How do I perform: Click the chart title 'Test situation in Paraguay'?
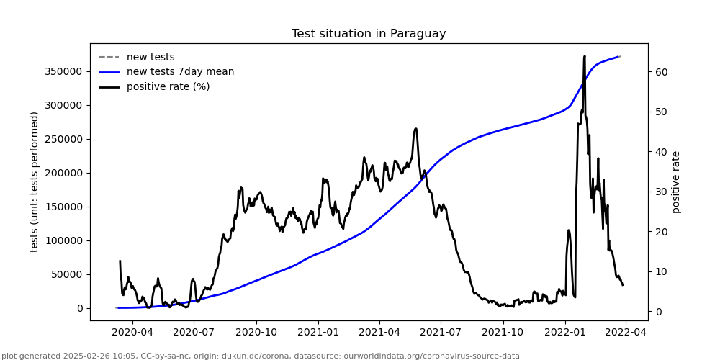click(x=369, y=34)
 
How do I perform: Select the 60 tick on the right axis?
click(x=660, y=72)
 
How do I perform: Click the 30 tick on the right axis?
click(x=660, y=192)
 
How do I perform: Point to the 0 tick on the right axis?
click(x=658, y=312)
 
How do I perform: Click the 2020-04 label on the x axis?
click(x=133, y=332)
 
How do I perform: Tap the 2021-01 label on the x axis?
click(x=318, y=332)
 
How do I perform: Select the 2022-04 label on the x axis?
click(x=625, y=332)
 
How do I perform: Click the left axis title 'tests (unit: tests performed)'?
click(x=35, y=181)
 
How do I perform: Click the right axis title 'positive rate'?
click(x=676, y=181)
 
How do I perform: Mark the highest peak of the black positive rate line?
click(x=585, y=55)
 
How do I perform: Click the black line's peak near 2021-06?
click(x=416, y=129)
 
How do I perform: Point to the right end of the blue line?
click(x=621, y=56)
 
